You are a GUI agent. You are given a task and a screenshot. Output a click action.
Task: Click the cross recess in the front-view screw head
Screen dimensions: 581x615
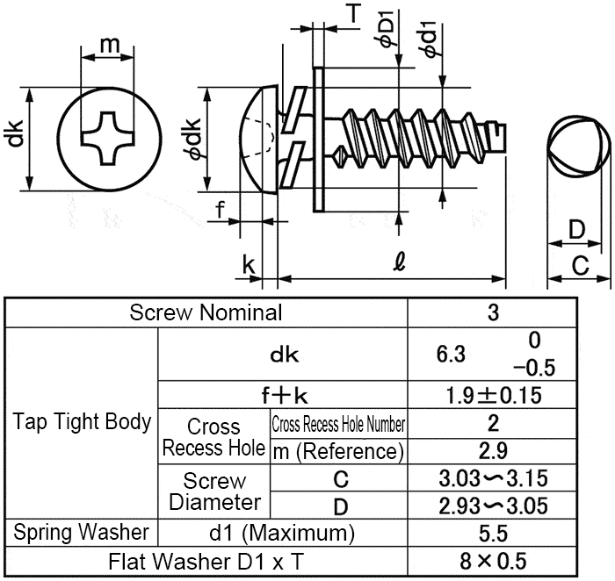click(x=109, y=138)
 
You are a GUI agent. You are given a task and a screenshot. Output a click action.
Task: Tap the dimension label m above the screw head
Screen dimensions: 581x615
click(x=109, y=45)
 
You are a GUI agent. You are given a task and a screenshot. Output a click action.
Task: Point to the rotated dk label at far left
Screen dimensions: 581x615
click(x=15, y=137)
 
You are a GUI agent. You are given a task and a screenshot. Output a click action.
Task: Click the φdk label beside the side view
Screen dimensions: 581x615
click(x=191, y=138)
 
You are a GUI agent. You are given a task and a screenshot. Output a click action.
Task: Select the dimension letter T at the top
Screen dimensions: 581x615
click(x=353, y=12)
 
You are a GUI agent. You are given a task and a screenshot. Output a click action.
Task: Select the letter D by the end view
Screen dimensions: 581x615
click(x=576, y=231)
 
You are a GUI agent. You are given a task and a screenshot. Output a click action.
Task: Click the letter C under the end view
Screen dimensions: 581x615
click(x=580, y=265)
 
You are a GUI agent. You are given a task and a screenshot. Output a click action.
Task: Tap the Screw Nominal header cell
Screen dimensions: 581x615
click(x=206, y=312)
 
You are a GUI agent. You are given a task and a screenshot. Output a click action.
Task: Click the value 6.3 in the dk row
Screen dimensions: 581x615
click(x=451, y=355)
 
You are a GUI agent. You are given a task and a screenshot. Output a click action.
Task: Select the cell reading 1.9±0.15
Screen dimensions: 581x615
click(x=493, y=394)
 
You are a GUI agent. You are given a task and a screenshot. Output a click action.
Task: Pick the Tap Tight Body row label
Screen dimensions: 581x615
click(x=82, y=421)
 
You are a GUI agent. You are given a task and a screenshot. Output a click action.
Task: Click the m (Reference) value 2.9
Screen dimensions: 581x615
click(x=493, y=451)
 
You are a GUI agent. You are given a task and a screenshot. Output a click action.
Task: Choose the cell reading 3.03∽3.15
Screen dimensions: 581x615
click(x=493, y=479)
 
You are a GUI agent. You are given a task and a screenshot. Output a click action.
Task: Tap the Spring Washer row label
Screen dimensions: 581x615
click(x=82, y=532)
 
